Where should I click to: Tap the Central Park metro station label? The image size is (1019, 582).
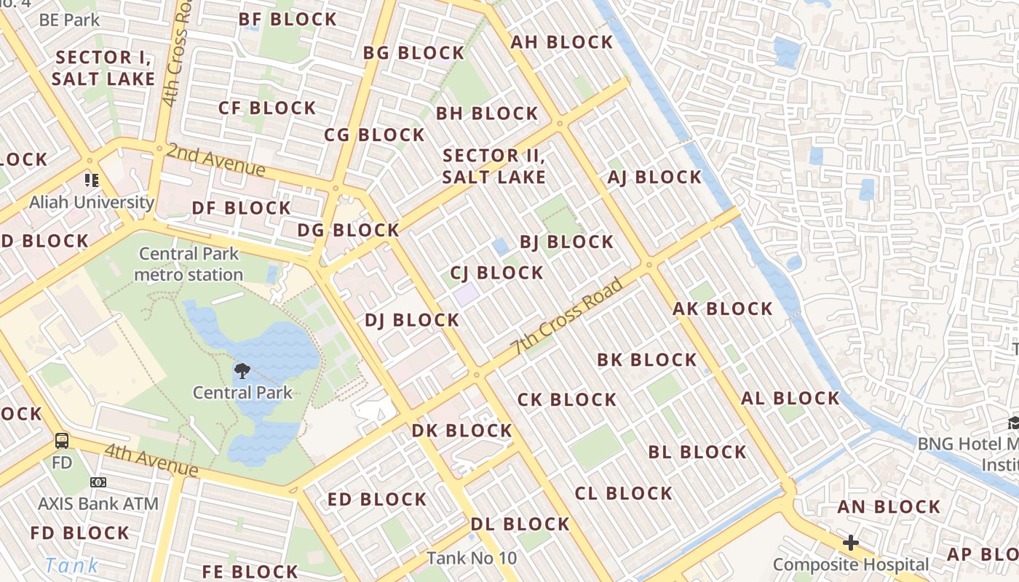pos(189,264)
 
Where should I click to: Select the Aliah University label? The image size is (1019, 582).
pos(92,202)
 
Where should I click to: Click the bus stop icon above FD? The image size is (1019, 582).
pos(63,440)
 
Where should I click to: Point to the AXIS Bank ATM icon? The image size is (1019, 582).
pos(98,482)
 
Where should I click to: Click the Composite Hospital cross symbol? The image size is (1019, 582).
pos(850,543)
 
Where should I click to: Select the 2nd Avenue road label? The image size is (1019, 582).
pos(215,160)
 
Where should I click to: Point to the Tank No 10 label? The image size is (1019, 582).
pos(472,558)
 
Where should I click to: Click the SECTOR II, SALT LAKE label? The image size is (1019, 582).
pos(494,166)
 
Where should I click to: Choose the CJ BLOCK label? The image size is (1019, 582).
pos(497,273)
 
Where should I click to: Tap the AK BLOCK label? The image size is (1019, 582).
pos(723,308)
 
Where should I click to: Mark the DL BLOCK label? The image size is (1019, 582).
pos(520,524)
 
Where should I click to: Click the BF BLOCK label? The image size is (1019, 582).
pos(288,20)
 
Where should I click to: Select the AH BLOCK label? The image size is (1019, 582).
pos(561,42)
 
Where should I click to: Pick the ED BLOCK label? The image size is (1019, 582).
pos(377,499)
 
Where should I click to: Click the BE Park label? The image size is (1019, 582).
pos(69,20)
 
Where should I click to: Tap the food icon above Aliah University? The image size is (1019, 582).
pos(91,180)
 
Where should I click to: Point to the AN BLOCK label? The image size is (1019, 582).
pos(889,507)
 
